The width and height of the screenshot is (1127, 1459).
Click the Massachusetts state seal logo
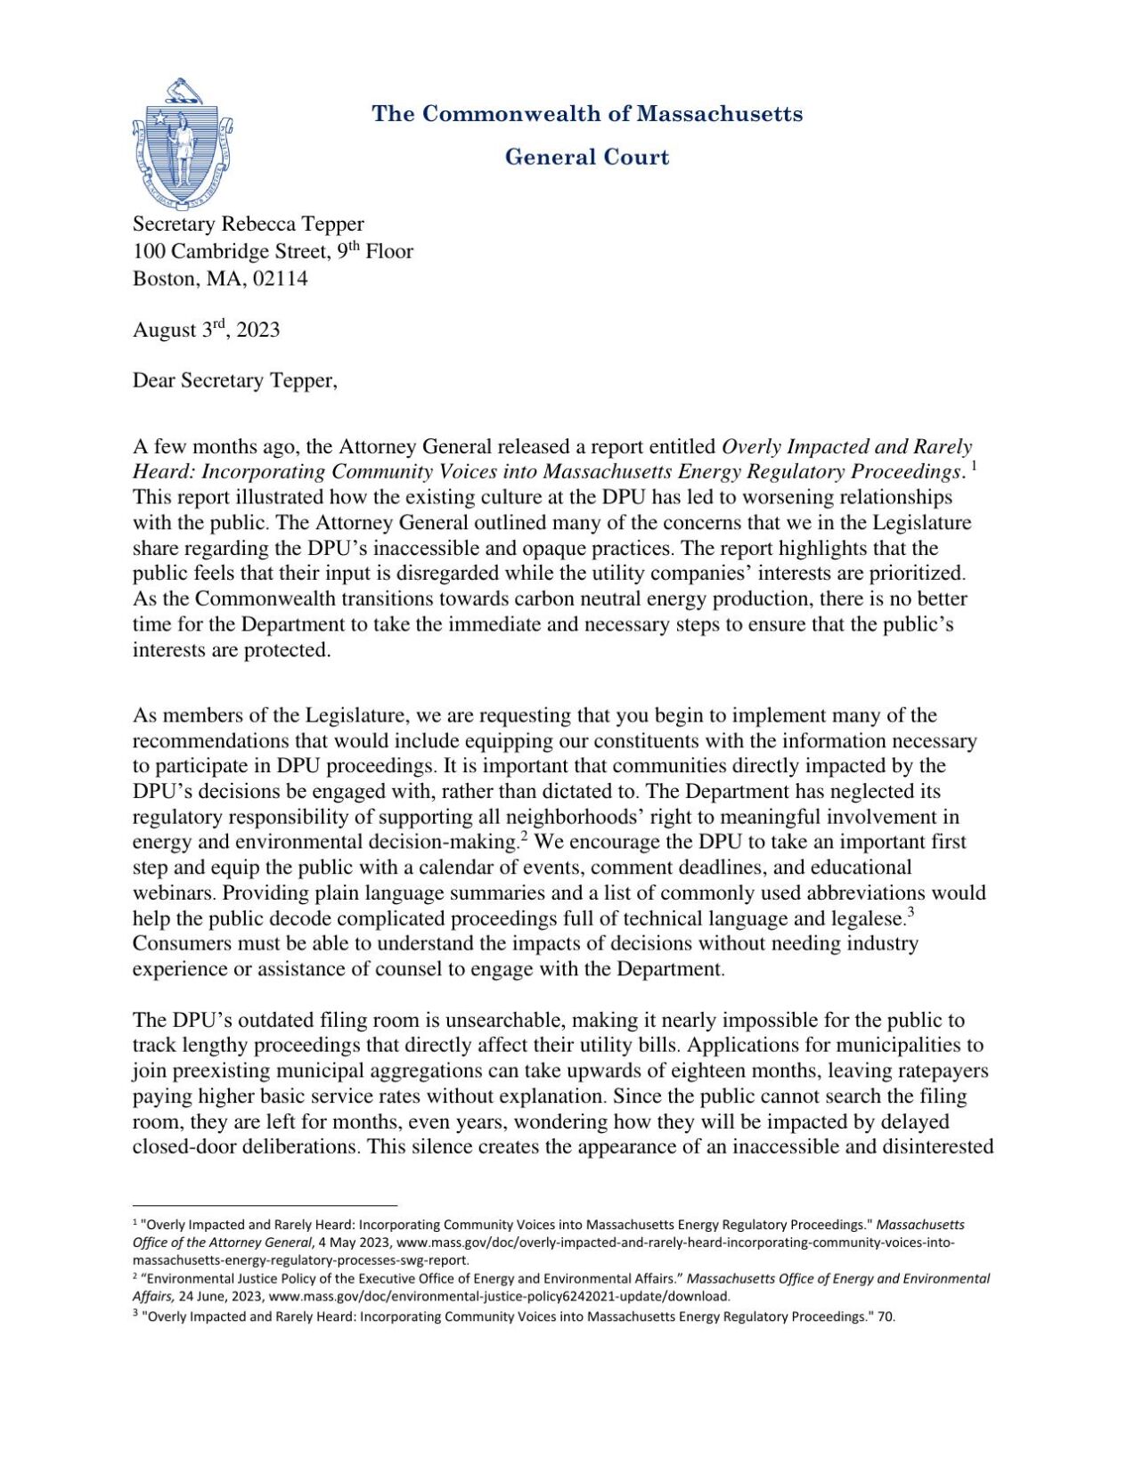coord(183,143)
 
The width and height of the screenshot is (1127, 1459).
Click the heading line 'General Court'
coord(586,157)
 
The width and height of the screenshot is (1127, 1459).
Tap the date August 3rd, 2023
coord(206,330)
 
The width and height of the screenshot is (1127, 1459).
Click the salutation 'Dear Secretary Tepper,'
coord(235,380)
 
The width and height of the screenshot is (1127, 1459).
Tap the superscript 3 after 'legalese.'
coord(911,912)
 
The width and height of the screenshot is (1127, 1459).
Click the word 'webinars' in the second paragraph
coord(171,893)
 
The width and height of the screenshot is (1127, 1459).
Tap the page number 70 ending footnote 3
coord(886,1316)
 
